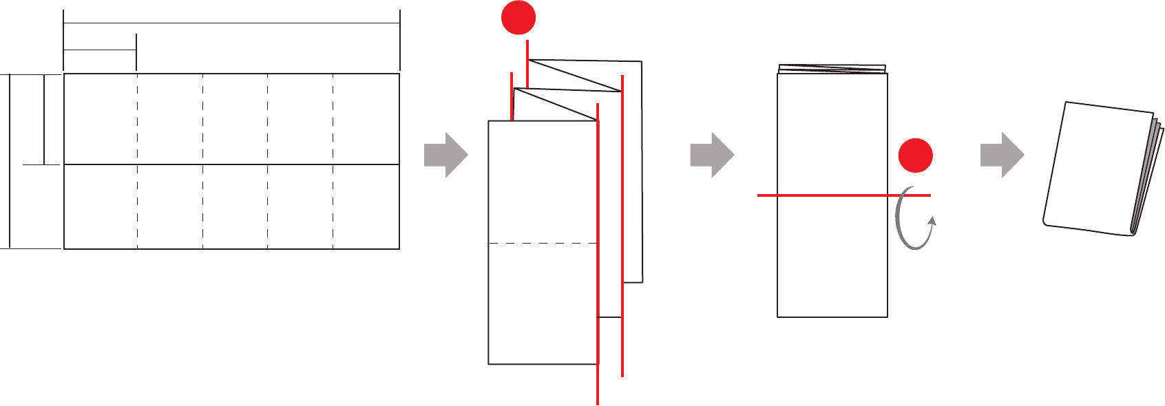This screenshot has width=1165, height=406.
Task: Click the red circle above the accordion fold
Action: coord(518,17)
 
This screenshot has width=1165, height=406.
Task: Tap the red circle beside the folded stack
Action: coord(916,156)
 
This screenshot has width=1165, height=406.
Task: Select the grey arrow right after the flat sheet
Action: coord(445,155)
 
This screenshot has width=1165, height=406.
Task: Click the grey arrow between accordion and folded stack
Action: coord(712,155)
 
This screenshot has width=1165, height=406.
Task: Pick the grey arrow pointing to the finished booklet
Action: coord(1002,155)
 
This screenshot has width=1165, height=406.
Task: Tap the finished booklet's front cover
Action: coord(1095,169)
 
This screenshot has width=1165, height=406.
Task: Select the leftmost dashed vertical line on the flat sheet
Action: coord(138,206)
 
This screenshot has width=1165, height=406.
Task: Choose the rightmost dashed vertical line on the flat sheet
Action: coord(333,206)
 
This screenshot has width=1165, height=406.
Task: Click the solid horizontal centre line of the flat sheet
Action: coord(231,164)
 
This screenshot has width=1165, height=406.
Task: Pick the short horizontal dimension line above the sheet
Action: coord(100,50)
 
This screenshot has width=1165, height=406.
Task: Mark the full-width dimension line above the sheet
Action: coord(231,23)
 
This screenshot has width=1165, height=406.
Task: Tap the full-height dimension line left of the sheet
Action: coord(10,160)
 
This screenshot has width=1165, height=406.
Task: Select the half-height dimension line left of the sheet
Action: coord(44,119)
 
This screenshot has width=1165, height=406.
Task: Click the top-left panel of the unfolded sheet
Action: coord(101,118)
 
